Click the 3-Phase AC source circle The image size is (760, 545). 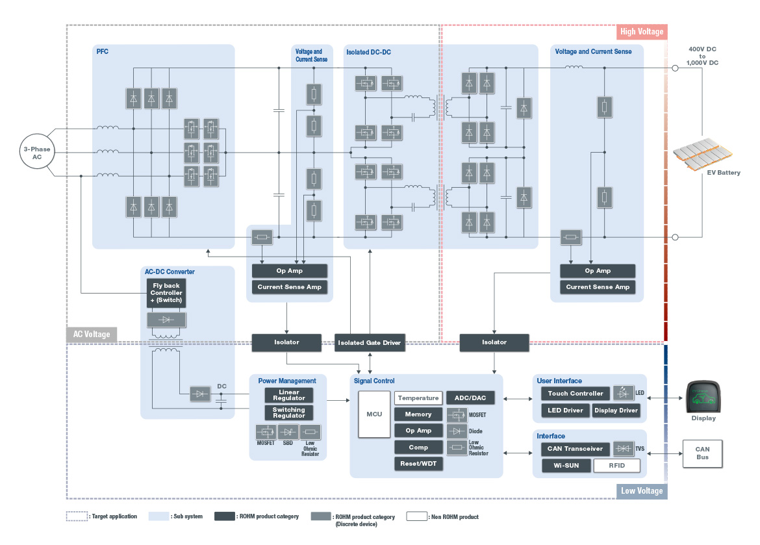click(x=37, y=153)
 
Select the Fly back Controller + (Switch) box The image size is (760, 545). click(x=166, y=293)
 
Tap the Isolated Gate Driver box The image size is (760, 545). click(x=369, y=342)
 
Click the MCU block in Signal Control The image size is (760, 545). click(x=374, y=414)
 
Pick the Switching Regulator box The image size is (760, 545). click(x=288, y=413)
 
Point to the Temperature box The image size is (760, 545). click(x=418, y=398)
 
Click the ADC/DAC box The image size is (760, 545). click(x=470, y=398)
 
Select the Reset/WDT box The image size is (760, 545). click(x=418, y=464)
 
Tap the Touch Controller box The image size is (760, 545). click(x=576, y=394)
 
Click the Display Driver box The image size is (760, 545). click(x=615, y=411)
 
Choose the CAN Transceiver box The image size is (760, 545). click(x=576, y=449)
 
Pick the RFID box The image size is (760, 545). click(x=616, y=466)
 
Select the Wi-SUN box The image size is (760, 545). click(x=566, y=466)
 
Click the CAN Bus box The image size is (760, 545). click(x=702, y=453)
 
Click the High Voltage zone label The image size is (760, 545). click(x=641, y=32)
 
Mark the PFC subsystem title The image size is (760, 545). click(x=103, y=52)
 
